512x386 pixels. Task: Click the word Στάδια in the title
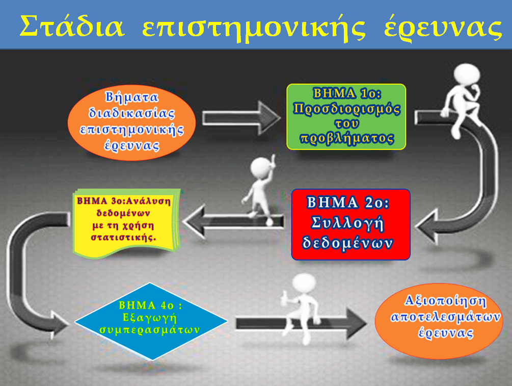pos(72,26)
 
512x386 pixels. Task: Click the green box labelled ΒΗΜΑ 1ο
pos(346,117)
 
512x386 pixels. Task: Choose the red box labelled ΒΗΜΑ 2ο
pos(351,224)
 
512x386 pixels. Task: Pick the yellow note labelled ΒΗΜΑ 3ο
pos(127,223)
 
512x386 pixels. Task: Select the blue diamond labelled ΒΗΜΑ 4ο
pos(151,322)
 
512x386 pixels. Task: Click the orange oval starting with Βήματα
pos(131,122)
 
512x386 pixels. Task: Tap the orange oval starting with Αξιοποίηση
pos(439,321)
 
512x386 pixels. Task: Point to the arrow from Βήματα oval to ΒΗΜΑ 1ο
pos(241,118)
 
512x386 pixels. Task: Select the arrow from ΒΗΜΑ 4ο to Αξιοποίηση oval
pos(301,323)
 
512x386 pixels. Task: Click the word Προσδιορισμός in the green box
pos(346,109)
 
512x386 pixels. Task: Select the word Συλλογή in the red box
pos(347,223)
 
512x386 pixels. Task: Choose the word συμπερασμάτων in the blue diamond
pos(150,330)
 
